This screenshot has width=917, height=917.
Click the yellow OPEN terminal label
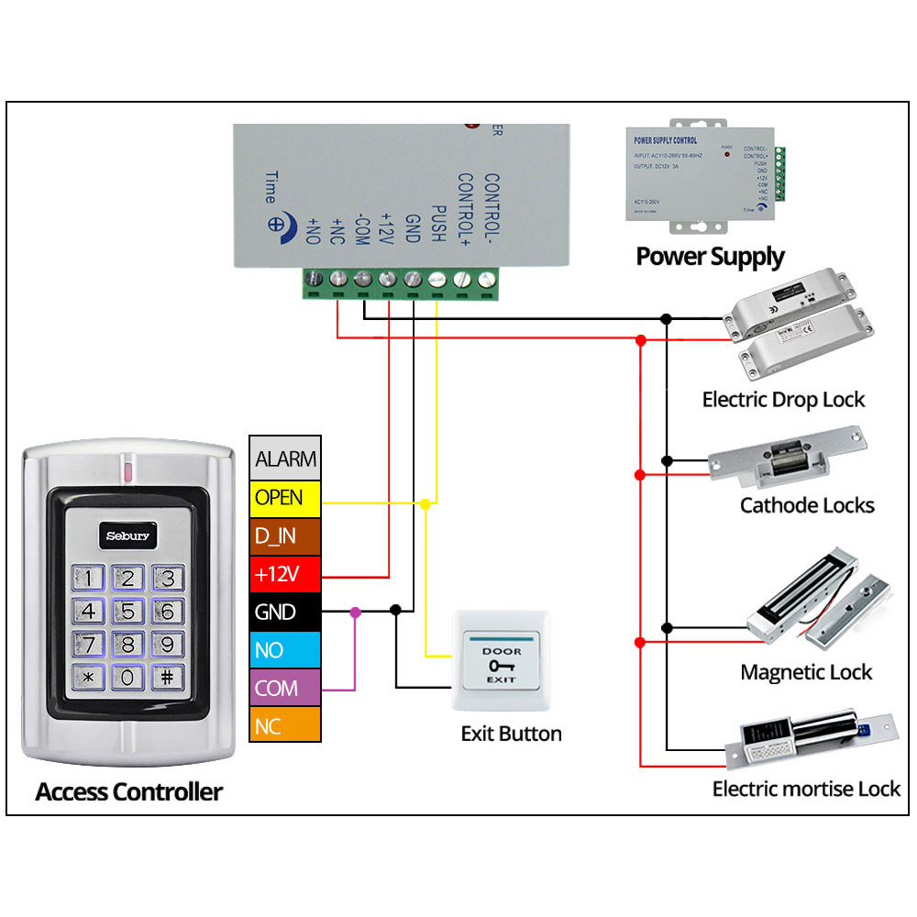pyautogui.click(x=285, y=498)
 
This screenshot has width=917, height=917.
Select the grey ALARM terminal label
pyautogui.click(x=285, y=458)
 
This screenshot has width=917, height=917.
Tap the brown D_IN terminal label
pyautogui.click(x=285, y=536)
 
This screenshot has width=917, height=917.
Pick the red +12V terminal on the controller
pyautogui.click(x=285, y=574)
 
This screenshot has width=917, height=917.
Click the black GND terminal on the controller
pyautogui.click(x=285, y=612)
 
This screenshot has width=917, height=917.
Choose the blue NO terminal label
pyautogui.click(x=285, y=650)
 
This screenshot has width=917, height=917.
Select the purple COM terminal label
pyautogui.click(x=285, y=688)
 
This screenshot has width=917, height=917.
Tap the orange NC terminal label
pyautogui.click(x=285, y=726)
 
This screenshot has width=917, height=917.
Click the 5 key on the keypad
pyautogui.click(x=128, y=612)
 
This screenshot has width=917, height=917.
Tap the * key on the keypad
pyautogui.click(x=89, y=679)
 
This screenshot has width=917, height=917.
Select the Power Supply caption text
pyautogui.click(x=711, y=256)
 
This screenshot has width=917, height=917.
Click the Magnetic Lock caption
pyautogui.click(x=806, y=672)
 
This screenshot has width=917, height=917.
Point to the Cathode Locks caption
pyautogui.click(x=807, y=505)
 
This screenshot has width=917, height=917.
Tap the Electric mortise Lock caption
pyautogui.click(x=806, y=789)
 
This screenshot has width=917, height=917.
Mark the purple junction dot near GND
pyautogui.click(x=356, y=611)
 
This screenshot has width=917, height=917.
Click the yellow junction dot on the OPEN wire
pyautogui.click(x=425, y=503)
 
